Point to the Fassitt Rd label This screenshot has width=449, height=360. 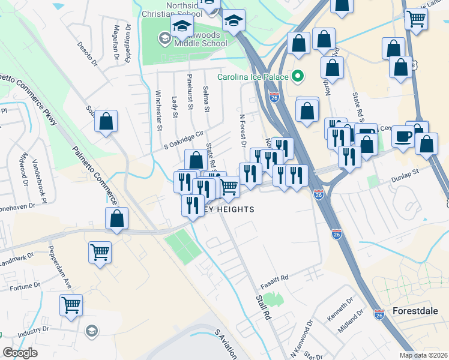coord(274,278)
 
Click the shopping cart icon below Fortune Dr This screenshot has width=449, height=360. coord(71,305)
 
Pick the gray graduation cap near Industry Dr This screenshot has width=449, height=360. coord(91,331)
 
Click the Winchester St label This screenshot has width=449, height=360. coord(159,110)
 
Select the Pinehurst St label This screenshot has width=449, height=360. coord(190,92)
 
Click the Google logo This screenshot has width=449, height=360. coord(20,353)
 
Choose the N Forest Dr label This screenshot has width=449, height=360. coord(243,130)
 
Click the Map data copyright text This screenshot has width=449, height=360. coord(424,355)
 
